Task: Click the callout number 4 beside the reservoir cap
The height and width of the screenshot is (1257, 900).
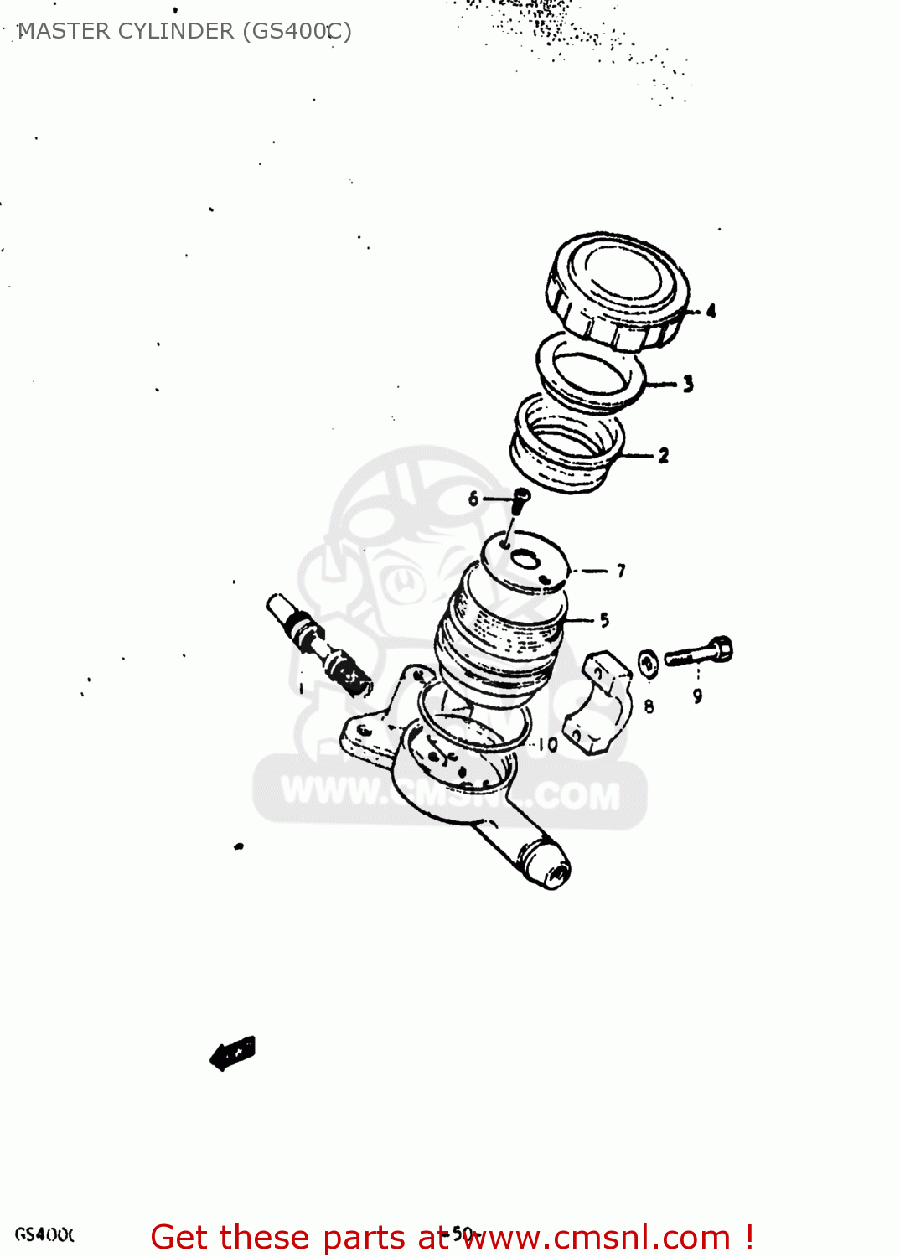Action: [x=711, y=311]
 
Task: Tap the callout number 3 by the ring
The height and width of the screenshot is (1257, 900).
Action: [x=688, y=384]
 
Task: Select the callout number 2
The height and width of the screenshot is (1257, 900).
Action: [x=664, y=455]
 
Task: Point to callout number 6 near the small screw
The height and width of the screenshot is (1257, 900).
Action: [x=473, y=499]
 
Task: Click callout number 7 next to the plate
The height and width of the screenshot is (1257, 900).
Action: [x=621, y=571]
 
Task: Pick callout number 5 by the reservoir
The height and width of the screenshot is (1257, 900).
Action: [x=604, y=620]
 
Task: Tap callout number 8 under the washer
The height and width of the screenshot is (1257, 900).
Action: [x=649, y=706]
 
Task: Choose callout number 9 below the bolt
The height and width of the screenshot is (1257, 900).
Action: [x=697, y=696]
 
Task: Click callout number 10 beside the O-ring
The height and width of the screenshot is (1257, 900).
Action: [x=548, y=744]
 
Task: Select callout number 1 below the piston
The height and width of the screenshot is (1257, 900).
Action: [x=301, y=688]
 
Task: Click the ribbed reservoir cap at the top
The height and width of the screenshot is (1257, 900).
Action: [x=618, y=289]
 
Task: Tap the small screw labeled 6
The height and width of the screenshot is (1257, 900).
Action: [x=520, y=499]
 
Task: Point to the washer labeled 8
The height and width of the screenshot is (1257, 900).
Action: [x=648, y=664]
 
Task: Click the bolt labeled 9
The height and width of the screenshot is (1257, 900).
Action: [x=700, y=653]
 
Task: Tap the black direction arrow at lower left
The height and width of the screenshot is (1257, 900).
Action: [x=232, y=1053]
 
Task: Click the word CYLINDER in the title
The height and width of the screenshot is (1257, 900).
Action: [x=176, y=31]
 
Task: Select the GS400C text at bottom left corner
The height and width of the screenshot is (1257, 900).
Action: [x=44, y=1234]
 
